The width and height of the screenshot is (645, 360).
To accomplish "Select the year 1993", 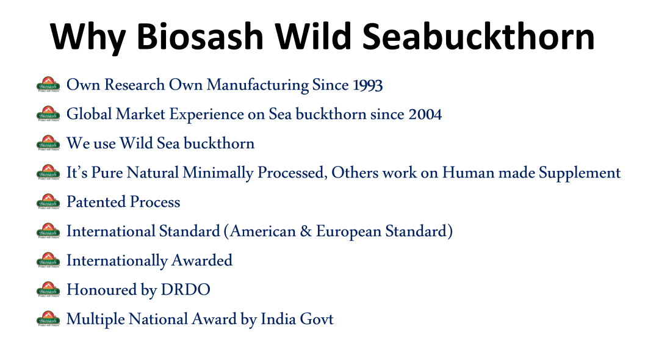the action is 368,85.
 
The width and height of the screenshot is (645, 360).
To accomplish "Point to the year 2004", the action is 425,114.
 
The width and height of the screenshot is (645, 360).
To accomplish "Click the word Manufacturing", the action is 258,85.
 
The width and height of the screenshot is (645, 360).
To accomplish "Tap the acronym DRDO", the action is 186,290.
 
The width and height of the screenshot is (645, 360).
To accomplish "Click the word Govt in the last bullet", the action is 317,319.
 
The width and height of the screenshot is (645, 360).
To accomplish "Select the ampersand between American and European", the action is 306,231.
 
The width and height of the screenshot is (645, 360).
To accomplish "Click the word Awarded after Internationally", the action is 202,261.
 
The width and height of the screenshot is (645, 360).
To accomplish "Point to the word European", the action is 349,232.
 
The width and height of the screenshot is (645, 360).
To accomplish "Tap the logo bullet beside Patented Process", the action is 49,201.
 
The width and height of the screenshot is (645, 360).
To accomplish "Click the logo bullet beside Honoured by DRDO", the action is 49,289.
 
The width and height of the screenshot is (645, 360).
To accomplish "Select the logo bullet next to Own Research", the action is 49,84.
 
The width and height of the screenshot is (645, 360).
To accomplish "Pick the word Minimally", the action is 218,173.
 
